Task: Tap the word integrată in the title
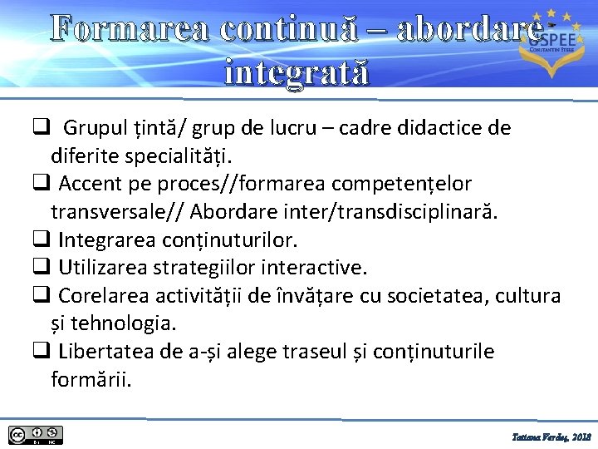click(295, 73)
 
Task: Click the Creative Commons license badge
click(36, 435)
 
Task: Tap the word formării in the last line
click(91, 380)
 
